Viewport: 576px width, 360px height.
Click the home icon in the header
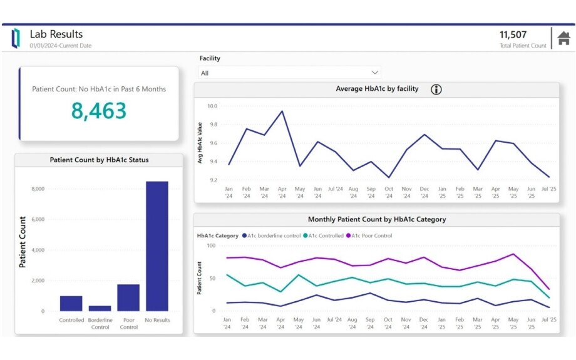(x=563, y=38)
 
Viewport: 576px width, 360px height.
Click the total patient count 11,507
(x=513, y=35)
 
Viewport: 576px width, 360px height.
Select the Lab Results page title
(x=56, y=34)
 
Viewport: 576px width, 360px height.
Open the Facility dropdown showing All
(x=289, y=73)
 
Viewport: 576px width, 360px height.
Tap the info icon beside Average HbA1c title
(x=436, y=90)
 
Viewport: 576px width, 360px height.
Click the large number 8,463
(x=99, y=111)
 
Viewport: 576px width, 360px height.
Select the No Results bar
(x=157, y=246)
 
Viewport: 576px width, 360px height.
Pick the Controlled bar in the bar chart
(x=71, y=303)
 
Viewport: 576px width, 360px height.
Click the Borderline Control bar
(x=100, y=308)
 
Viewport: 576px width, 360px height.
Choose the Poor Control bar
(x=128, y=297)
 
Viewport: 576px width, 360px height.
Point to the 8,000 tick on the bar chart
(x=38, y=189)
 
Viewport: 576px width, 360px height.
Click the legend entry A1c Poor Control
(x=371, y=236)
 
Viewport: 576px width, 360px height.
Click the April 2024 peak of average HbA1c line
(x=282, y=111)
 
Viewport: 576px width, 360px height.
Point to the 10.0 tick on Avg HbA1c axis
(x=212, y=106)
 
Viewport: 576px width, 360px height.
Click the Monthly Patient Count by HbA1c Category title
(x=376, y=220)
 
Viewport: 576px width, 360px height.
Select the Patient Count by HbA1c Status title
(x=99, y=160)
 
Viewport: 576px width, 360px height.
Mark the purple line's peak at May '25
(x=513, y=254)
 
